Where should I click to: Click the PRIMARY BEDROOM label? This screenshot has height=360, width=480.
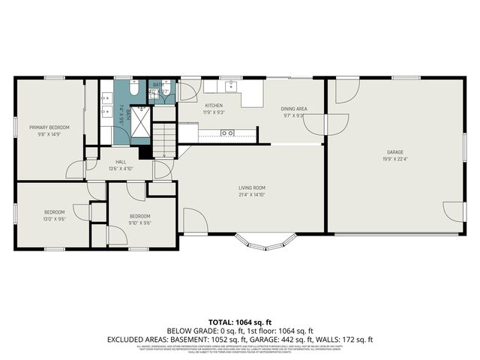click(49, 127)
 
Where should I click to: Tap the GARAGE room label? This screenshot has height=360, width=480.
click(395, 151)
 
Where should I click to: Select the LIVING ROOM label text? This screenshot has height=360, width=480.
click(251, 187)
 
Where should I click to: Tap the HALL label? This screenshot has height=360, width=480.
click(121, 162)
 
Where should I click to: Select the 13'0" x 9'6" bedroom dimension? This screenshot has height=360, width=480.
click(54, 220)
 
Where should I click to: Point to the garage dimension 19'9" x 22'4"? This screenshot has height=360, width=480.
click(395, 158)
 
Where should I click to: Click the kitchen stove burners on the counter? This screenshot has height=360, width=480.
click(226, 133)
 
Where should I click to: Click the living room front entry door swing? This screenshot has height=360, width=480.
click(193, 220)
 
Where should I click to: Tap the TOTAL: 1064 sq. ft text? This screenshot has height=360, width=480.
click(239, 321)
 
